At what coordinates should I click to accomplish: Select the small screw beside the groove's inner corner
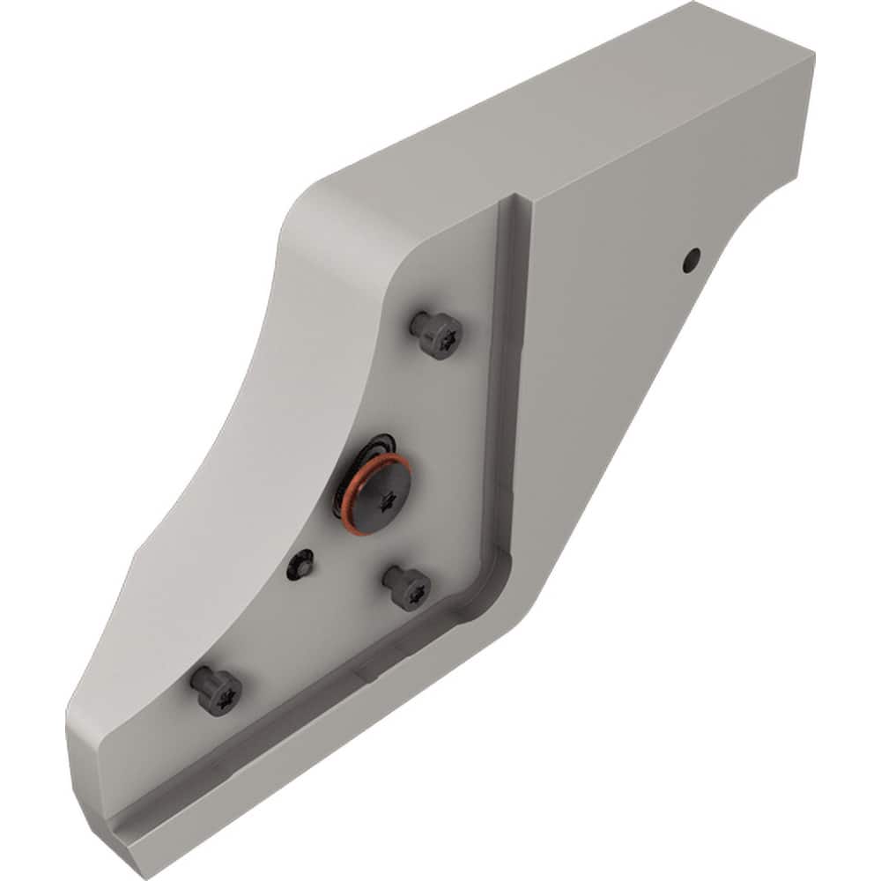pos(408,588)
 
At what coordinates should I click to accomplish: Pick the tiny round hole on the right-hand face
pos(693,258)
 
